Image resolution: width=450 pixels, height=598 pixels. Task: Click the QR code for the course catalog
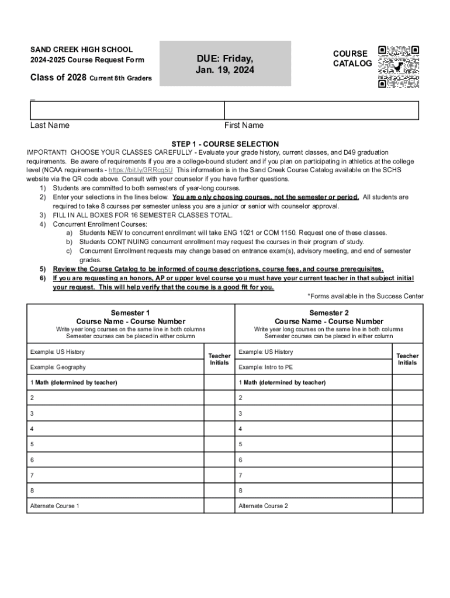[x=399, y=67]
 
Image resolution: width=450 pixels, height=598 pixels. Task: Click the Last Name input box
[x=127, y=110]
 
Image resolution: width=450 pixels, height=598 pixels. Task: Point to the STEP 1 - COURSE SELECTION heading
[x=225, y=144]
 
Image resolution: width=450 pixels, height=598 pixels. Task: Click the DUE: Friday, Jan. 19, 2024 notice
[x=225, y=64]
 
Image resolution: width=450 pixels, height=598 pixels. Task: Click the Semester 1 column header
[x=130, y=317]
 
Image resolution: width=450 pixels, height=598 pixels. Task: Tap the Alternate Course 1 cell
[x=115, y=506]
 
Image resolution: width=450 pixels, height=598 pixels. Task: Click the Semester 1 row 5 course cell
[x=115, y=444]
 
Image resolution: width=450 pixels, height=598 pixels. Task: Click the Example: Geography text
[x=58, y=367]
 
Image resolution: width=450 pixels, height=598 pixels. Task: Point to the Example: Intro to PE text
[x=266, y=367]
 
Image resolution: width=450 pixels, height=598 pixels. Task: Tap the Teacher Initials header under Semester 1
[x=219, y=359]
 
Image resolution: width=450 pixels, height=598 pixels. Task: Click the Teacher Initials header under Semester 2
[x=407, y=359]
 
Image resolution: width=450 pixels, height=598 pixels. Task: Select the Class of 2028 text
[x=58, y=78]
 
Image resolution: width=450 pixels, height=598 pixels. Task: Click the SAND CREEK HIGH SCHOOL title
[x=81, y=50]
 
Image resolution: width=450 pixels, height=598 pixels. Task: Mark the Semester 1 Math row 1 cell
[x=115, y=383]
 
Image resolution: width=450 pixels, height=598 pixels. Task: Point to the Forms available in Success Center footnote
[x=365, y=296]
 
